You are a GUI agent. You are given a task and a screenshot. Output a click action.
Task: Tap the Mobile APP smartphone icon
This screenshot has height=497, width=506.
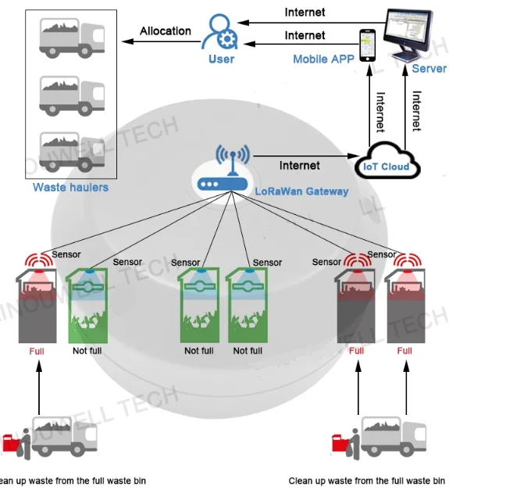pyautogui.click(x=368, y=46)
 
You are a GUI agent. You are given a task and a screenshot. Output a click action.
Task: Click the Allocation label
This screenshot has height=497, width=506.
pyautogui.click(x=166, y=31)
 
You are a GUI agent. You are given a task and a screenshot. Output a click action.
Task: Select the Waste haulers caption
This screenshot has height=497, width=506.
pyautogui.click(x=70, y=188)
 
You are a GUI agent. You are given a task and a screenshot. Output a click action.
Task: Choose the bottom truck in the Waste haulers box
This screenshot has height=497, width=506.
pyautogui.click(x=71, y=148)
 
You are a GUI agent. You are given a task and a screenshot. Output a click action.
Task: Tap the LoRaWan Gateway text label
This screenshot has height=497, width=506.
pyautogui.click(x=301, y=191)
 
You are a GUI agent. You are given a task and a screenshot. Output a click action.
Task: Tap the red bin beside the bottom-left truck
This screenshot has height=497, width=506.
pyautogui.click(x=10, y=443)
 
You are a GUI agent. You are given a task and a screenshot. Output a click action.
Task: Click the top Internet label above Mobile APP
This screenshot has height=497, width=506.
pyautogui.click(x=305, y=12)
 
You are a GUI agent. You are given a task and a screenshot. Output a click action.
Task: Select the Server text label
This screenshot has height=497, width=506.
pyautogui.click(x=429, y=69)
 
